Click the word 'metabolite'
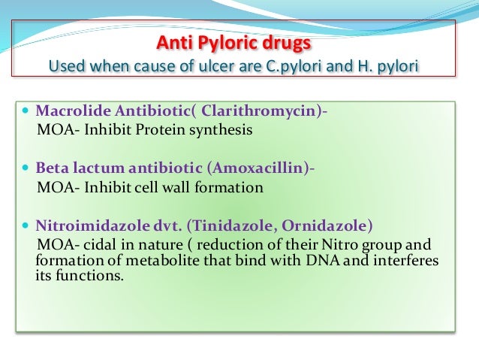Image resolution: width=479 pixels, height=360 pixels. click(x=143, y=260)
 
